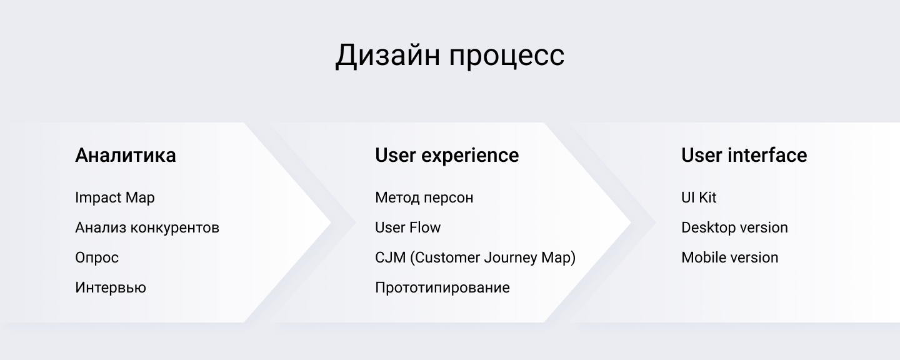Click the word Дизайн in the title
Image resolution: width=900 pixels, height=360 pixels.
[x=387, y=56]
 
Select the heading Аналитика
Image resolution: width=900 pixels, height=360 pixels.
[x=126, y=156]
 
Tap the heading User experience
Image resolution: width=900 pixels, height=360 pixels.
[x=447, y=156]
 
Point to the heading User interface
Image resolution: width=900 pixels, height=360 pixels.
[x=744, y=155]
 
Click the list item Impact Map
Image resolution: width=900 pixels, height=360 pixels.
[x=115, y=198]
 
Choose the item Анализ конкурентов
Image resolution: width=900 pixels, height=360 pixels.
[x=147, y=227]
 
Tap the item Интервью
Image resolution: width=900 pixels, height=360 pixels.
[x=111, y=287]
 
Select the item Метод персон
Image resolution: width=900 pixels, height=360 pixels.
[x=424, y=198]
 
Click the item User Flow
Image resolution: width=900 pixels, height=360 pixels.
[x=407, y=227]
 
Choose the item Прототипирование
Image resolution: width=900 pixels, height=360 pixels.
[x=442, y=288]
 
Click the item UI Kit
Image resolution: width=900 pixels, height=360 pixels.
[x=699, y=197]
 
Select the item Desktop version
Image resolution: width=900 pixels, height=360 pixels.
[x=734, y=227]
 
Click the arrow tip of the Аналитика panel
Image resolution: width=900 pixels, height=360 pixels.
[x=331, y=222]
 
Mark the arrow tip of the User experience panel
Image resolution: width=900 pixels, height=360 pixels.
[x=631, y=222]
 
